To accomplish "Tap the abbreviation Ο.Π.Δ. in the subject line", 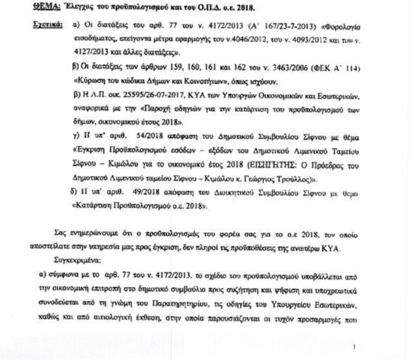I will click(184, 8).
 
